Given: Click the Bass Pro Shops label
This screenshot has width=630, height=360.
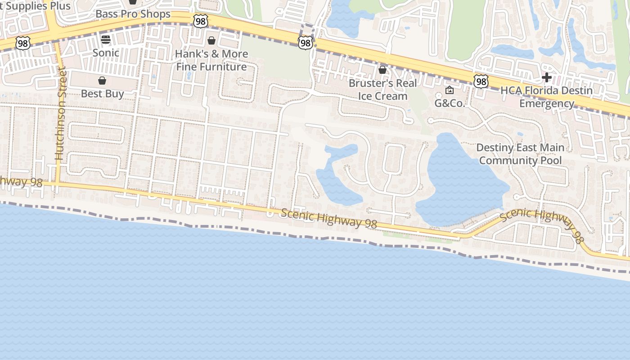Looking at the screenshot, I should (133, 14).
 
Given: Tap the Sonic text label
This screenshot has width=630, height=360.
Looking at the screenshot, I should (106, 53).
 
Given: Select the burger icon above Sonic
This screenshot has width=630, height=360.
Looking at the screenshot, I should (106, 40).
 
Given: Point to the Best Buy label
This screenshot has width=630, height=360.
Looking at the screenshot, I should (103, 94).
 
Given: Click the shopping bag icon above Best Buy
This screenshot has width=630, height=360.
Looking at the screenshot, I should (102, 81).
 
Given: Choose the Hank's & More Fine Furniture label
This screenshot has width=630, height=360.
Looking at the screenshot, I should (211, 60).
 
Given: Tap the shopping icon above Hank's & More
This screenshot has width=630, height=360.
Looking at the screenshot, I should (211, 41).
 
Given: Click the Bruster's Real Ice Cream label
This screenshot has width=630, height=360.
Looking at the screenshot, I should (382, 90).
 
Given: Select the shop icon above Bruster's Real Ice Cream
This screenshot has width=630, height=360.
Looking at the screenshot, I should (382, 70).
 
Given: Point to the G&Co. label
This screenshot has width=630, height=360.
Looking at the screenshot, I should (449, 103).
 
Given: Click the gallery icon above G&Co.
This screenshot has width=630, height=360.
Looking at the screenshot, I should (449, 90).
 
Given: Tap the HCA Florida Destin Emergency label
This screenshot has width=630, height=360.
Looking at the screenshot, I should (547, 97).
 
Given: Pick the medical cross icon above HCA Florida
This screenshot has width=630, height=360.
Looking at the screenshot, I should (547, 77).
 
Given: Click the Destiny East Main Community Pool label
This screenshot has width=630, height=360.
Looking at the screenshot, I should (520, 154).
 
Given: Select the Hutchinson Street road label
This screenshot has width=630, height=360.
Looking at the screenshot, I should (60, 113).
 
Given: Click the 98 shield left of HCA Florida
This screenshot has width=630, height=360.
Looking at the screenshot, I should (481, 81).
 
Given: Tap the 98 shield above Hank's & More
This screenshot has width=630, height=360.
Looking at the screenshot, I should (201, 21).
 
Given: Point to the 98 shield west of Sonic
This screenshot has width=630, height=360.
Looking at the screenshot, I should (22, 43).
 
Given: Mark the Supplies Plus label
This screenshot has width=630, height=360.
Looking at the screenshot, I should (38, 6).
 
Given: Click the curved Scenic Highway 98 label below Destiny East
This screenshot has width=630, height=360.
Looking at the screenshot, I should (542, 223).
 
